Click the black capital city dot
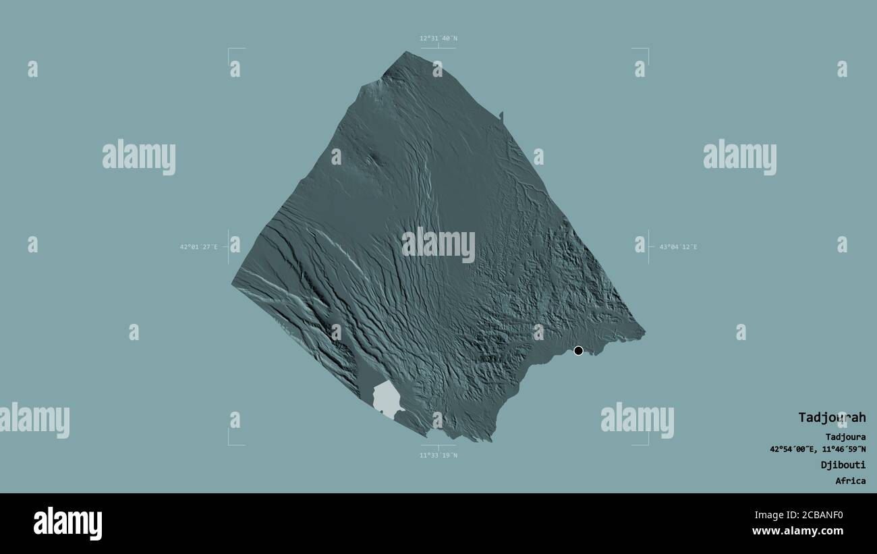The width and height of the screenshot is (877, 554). pyautogui.click(x=578, y=350)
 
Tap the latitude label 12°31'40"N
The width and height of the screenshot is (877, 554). pyautogui.click(x=438, y=38)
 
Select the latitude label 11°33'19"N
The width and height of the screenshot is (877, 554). pyautogui.click(x=438, y=455)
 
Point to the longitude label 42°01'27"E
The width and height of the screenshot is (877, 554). pyautogui.click(x=198, y=247)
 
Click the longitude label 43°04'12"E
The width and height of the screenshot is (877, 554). pyautogui.click(x=678, y=247)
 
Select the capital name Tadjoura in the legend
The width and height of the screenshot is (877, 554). pyautogui.click(x=845, y=437)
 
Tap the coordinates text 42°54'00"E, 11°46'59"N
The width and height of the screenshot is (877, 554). pyautogui.click(x=818, y=449)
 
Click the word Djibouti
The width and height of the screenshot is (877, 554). pyautogui.click(x=843, y=465)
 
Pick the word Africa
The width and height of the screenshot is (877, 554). pyautogui.click(x=850, y=481)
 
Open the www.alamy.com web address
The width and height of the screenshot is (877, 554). pyautogui.click(x=797, y=531)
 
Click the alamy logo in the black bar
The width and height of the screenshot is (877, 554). pyautogui.click(x=67, y=524)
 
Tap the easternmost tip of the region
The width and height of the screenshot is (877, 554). pyautogui.click(x=644, y=332)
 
